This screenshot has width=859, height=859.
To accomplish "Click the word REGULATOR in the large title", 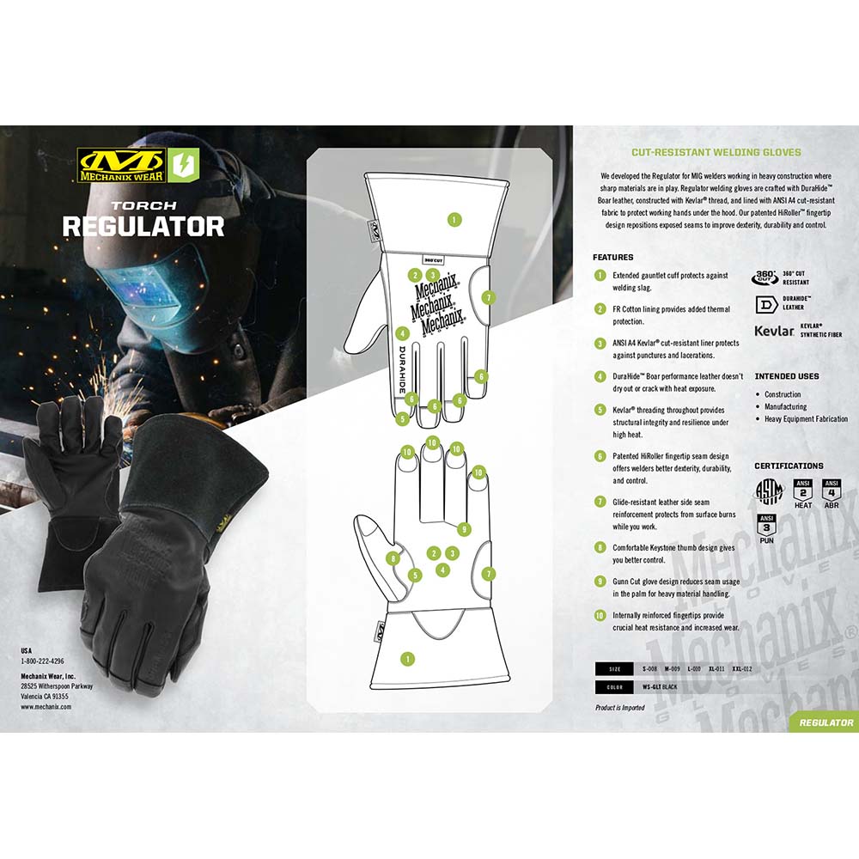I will [x=143, y=226].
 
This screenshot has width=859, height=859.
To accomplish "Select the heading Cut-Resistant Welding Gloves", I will [x=716, y=152].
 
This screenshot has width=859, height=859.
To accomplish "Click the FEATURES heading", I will [x=612, y=257].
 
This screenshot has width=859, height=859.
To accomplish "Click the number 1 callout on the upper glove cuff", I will [x=454, y=220].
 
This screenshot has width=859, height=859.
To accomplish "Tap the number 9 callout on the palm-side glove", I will [x=464, y=528].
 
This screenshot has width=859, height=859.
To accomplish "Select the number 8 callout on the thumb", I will [x=393, y=558].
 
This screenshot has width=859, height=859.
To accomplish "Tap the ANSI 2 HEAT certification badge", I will [x=803, y=493].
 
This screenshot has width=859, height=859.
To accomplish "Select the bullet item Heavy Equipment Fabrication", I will [x=806, y=419].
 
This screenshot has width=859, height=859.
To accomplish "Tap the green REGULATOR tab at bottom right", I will [x=825, y=722].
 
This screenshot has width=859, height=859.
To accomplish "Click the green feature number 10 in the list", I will [x=600, y=615].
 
